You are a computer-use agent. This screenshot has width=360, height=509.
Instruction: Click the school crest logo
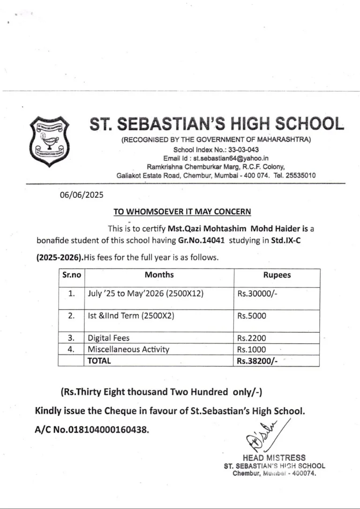coord(49,138)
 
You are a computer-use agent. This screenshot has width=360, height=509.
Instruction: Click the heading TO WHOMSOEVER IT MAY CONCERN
coord(182,212)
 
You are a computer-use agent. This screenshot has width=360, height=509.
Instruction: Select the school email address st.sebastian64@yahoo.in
coord(231,158)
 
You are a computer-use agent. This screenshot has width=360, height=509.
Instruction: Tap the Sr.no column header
coord(71,276)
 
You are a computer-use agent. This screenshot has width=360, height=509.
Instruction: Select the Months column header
coord(159,275)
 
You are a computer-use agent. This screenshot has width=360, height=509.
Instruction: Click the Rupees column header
coord(277,276)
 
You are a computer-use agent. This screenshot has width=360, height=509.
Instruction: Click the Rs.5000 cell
coord(251,316)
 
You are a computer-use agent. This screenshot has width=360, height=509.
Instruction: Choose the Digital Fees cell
coord(109,338)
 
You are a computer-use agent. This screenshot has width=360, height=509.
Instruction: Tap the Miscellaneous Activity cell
coord(128,349)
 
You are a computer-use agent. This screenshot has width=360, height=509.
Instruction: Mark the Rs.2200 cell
coord(251,338)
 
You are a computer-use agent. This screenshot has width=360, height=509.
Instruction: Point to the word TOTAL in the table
coord(99,361)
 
